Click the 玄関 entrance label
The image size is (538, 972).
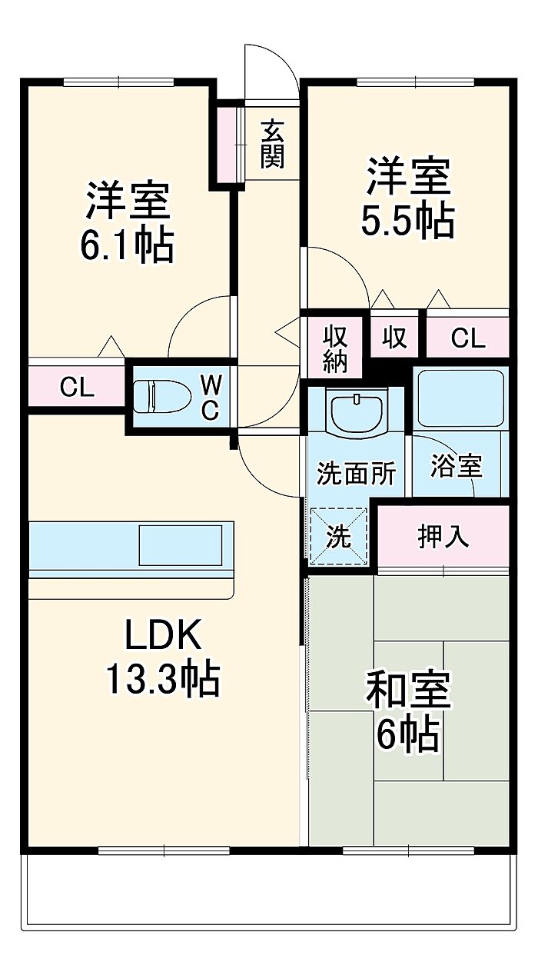(272, 144)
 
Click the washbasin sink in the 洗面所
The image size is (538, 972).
(357, 413)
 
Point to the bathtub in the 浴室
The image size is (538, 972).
(460, 398)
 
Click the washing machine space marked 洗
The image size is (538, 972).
(338, 537)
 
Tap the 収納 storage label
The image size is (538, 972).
(336, 349)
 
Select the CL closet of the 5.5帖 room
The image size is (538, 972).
(468, 338)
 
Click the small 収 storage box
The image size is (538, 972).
(395, 338)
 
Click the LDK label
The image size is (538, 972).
(163, 635)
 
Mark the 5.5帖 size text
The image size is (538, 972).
(408, 221)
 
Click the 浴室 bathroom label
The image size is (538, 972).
(456, 467)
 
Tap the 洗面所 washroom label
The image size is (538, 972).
(356, 474)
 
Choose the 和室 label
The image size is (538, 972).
(407, 690)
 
